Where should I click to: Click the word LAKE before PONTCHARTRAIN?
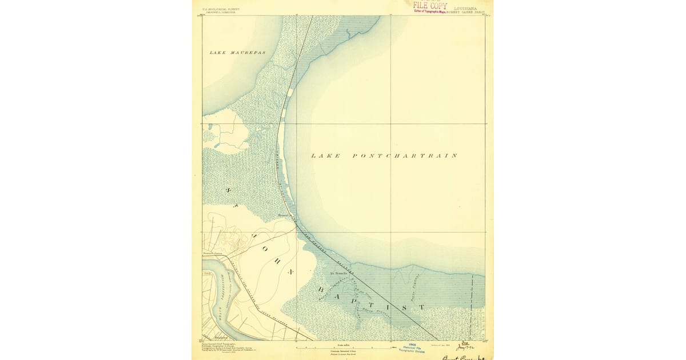pyautogui.click(x=326, y=155)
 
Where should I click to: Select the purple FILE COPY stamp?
pyautogui.click(x=430, y=6)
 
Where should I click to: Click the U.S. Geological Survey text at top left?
pyautogui.click(x=221, y=10)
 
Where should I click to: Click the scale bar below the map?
pyautogui.click(x=343, y=346)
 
